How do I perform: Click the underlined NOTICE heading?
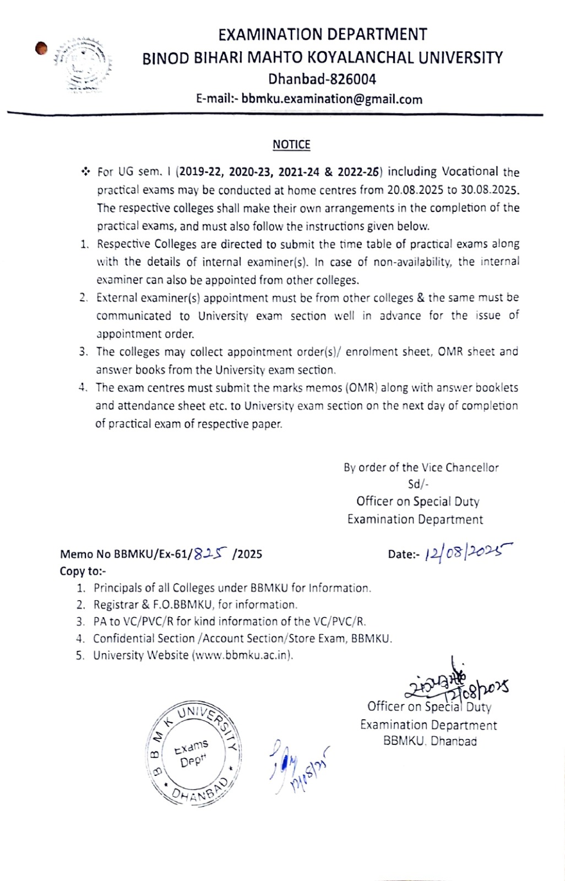[x=291, y=145]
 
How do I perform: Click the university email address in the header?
[x=332, y=100]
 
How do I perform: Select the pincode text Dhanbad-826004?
[x=322, y=79]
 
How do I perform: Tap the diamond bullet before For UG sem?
[x=86, y=172]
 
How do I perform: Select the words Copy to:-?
[x=83, y=571]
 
